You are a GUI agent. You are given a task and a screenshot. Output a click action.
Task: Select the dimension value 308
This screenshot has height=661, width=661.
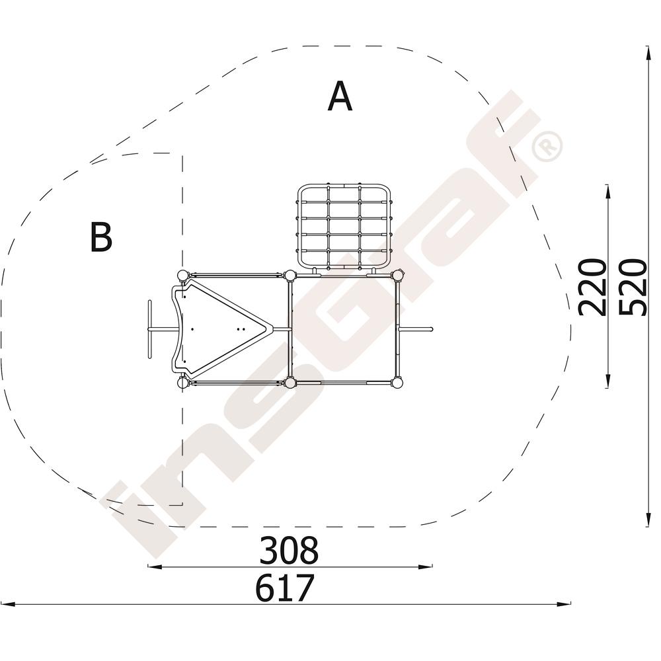(x=289, y=550)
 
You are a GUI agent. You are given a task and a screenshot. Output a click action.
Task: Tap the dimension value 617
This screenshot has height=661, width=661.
(x=285, y=587)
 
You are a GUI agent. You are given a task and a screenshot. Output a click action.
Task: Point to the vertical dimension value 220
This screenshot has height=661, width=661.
(x=592, y=288)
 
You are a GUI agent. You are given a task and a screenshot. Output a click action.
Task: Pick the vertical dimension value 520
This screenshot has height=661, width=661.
(x=633, y=288)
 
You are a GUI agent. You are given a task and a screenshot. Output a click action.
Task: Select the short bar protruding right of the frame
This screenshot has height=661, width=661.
(x=416, y=329)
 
